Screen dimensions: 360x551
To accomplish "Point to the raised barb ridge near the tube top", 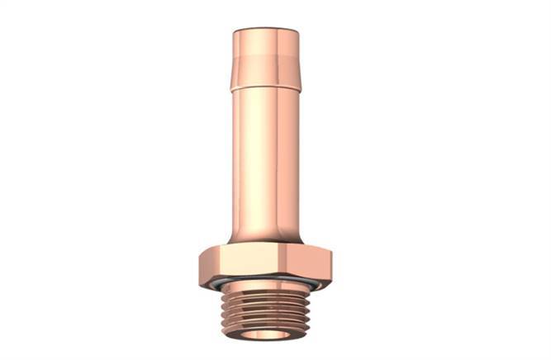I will [264, 84].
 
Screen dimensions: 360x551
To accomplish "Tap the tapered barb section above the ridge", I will [264, 58].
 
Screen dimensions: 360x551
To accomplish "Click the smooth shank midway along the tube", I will [264, 157].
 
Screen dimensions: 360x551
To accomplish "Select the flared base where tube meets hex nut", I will [264, 234].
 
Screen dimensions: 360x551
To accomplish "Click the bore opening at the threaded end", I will [264, 335].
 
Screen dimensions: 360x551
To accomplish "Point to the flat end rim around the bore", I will [239, 334].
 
